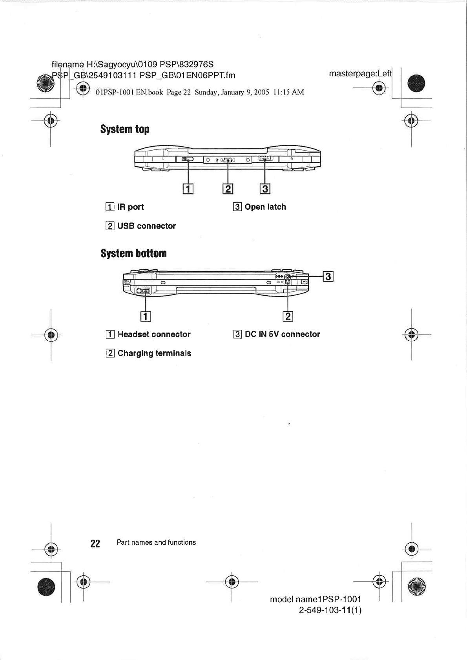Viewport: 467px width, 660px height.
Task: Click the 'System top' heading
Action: click(125, 129)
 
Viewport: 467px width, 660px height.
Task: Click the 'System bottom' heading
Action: click(133, 253)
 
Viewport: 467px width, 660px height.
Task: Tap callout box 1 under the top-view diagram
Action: click(188, 189)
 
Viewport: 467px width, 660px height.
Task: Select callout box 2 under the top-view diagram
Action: click(228, 189)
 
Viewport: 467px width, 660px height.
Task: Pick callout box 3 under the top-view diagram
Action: click(265, 189)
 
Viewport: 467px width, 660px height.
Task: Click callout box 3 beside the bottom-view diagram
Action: click(328, 276)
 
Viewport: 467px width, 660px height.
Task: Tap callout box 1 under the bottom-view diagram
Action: click(146, 316)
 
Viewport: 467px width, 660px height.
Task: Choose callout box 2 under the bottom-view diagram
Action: click(288, 316)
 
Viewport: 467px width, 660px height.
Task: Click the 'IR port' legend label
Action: click(130, 207)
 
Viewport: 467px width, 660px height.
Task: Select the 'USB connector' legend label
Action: click(146, 226)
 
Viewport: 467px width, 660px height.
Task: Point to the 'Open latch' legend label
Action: click(265, 207)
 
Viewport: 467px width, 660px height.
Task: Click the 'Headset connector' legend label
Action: click(154, 334)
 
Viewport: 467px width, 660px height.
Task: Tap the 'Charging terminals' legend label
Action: click(154, 353)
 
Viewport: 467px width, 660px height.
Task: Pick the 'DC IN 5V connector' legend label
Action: click(282, 334)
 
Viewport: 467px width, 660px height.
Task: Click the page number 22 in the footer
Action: click(95, 543)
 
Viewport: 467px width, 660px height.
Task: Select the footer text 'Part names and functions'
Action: click(156, 542)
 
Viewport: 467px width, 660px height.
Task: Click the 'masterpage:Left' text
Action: click(360, 73)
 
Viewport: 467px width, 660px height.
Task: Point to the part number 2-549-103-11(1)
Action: click(330, 610)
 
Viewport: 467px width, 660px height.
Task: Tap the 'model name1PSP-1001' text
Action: click(316, 599)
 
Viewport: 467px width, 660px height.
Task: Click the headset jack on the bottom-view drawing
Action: click(139, 291)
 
